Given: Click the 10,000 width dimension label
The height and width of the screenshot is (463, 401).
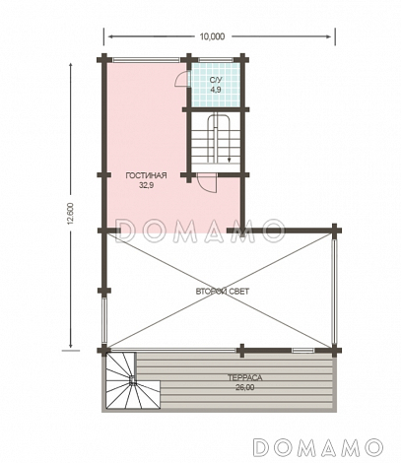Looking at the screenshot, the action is pos(212,36).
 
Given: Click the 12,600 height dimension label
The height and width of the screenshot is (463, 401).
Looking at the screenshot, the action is pos(70,214).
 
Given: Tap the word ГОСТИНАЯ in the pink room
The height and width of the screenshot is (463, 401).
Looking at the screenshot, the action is pos(147,175).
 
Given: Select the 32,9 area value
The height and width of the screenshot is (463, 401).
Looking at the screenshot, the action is pos(147,185).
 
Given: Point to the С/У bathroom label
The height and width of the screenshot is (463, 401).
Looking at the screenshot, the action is pos(216,80).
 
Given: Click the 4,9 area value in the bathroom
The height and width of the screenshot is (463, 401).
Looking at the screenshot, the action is pos(216,90).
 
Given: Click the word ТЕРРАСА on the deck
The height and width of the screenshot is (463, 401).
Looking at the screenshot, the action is pos(245,378).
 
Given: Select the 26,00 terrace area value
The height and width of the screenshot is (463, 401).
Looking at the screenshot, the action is pos(245,387).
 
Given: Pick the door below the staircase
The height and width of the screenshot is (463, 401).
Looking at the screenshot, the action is pos(207,183).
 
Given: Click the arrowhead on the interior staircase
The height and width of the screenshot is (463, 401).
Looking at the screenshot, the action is pos(229,160).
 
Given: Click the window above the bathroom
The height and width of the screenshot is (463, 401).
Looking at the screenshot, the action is pos(216,60).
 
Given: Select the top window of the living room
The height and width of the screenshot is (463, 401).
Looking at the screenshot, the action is pos(146,60).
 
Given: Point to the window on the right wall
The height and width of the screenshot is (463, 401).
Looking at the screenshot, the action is pos(334,292).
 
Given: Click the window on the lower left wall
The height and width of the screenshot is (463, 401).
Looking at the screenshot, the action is pos(104,320).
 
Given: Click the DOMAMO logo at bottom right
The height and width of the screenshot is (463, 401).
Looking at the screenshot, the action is pos(318,447).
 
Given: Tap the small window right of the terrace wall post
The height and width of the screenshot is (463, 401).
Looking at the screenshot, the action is pos(303,351).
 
